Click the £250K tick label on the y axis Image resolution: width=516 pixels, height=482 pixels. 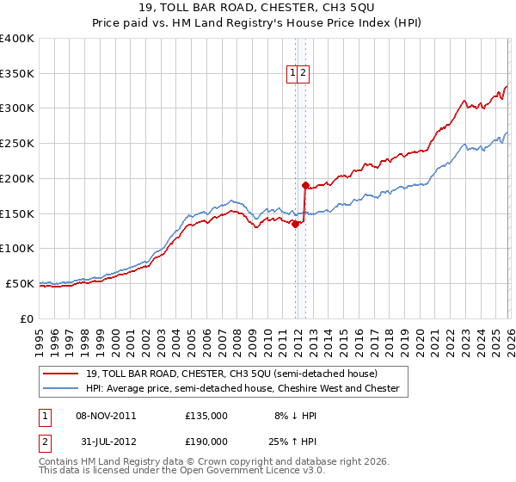[17, 144]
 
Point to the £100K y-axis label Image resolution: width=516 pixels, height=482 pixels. [17, 249]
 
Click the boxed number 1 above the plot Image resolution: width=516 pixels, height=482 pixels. [292, 74]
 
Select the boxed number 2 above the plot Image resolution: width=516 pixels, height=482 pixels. [304, 74]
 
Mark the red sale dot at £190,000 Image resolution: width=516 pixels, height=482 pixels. [305, 185]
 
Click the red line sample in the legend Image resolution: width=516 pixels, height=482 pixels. [60, 374]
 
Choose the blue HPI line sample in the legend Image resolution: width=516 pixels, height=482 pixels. [60, 389]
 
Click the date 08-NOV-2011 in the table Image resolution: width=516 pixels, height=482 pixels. [106, 415]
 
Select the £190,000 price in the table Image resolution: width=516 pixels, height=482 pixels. [206, 440]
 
